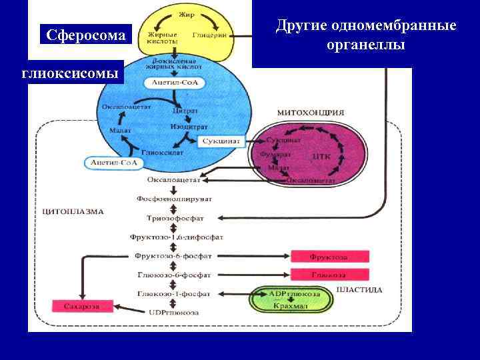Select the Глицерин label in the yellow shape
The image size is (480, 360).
pyautogui.click(x=211, y=35)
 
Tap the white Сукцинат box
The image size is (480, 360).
pyautogui.click(x=222, y=142)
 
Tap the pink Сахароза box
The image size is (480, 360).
pyautogui.click(x=76, y=305)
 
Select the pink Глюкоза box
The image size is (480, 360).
pyautogui.click(x=328, y=274)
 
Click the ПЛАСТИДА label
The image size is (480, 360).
pyautogui.click(x=360, y=290)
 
